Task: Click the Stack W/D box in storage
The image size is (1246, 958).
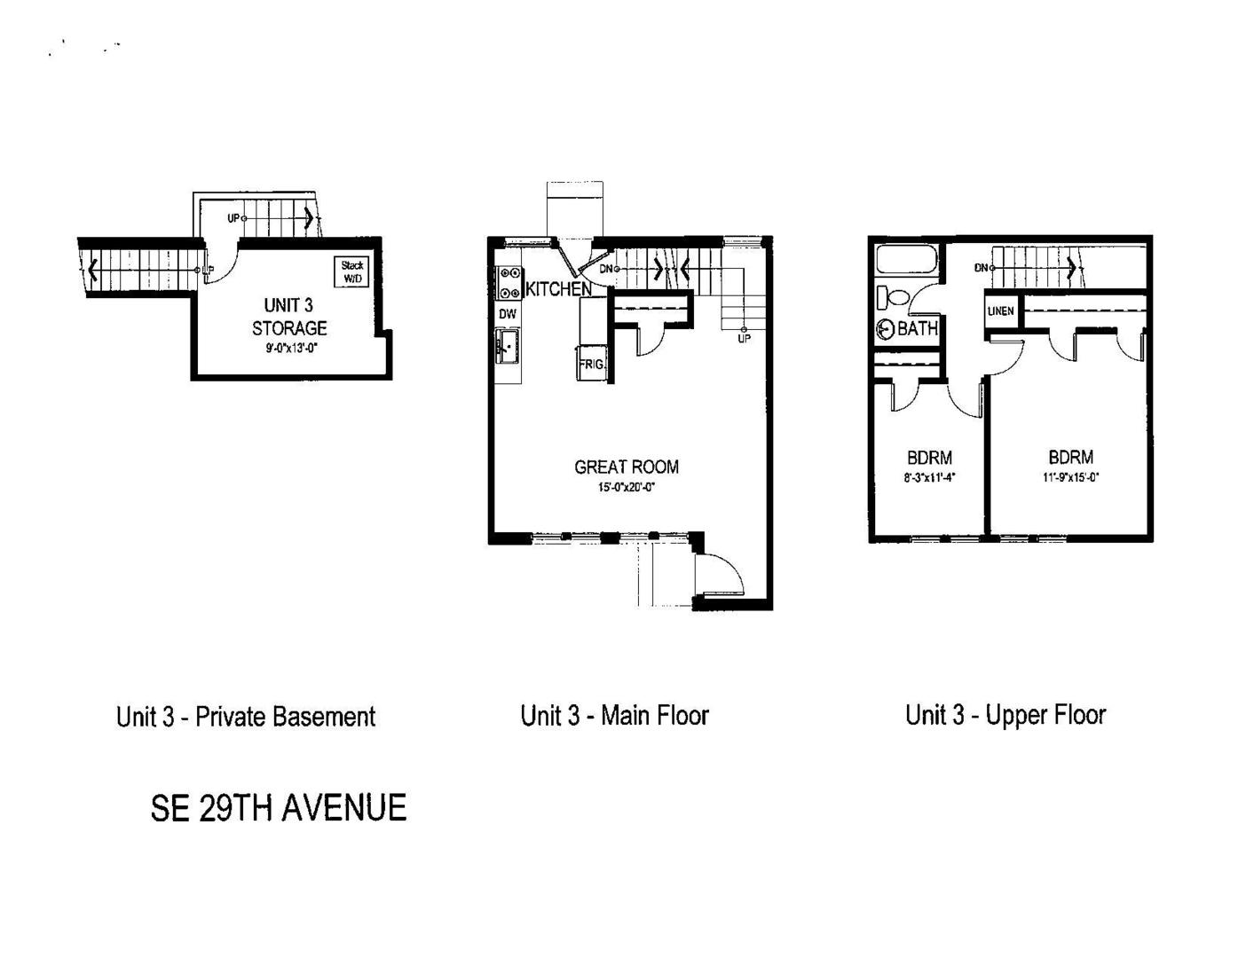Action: click(351, 271)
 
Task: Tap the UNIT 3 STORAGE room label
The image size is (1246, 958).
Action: click(289, 317)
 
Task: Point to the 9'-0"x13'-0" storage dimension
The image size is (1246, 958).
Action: click(292, 348)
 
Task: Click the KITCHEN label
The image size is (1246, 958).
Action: click(558, 289)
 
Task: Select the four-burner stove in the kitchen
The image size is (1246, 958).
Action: click(509, 282)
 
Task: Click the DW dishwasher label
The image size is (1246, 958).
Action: click(508, 313)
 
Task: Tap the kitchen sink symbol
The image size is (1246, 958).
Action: click(507, 345)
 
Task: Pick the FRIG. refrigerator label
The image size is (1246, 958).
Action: click(591, 364)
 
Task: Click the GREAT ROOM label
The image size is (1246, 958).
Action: click(627, 467)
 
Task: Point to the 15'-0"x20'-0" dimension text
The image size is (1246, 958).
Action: click(627, 488)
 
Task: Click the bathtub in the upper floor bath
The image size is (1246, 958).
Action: click(907, 260)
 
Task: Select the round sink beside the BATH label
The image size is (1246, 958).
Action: click(886, 329)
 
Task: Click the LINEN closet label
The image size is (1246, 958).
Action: click(1000, 311)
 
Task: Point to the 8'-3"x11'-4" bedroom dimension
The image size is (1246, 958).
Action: click(929, 477)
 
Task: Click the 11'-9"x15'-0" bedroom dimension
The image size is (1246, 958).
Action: click(1070, 476)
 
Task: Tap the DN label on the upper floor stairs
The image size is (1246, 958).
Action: click(981, 268)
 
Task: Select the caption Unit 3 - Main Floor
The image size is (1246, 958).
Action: click(615, 716)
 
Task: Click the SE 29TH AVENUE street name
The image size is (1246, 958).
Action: click(279, 808)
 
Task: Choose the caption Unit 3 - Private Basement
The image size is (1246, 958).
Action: click(246, 717)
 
